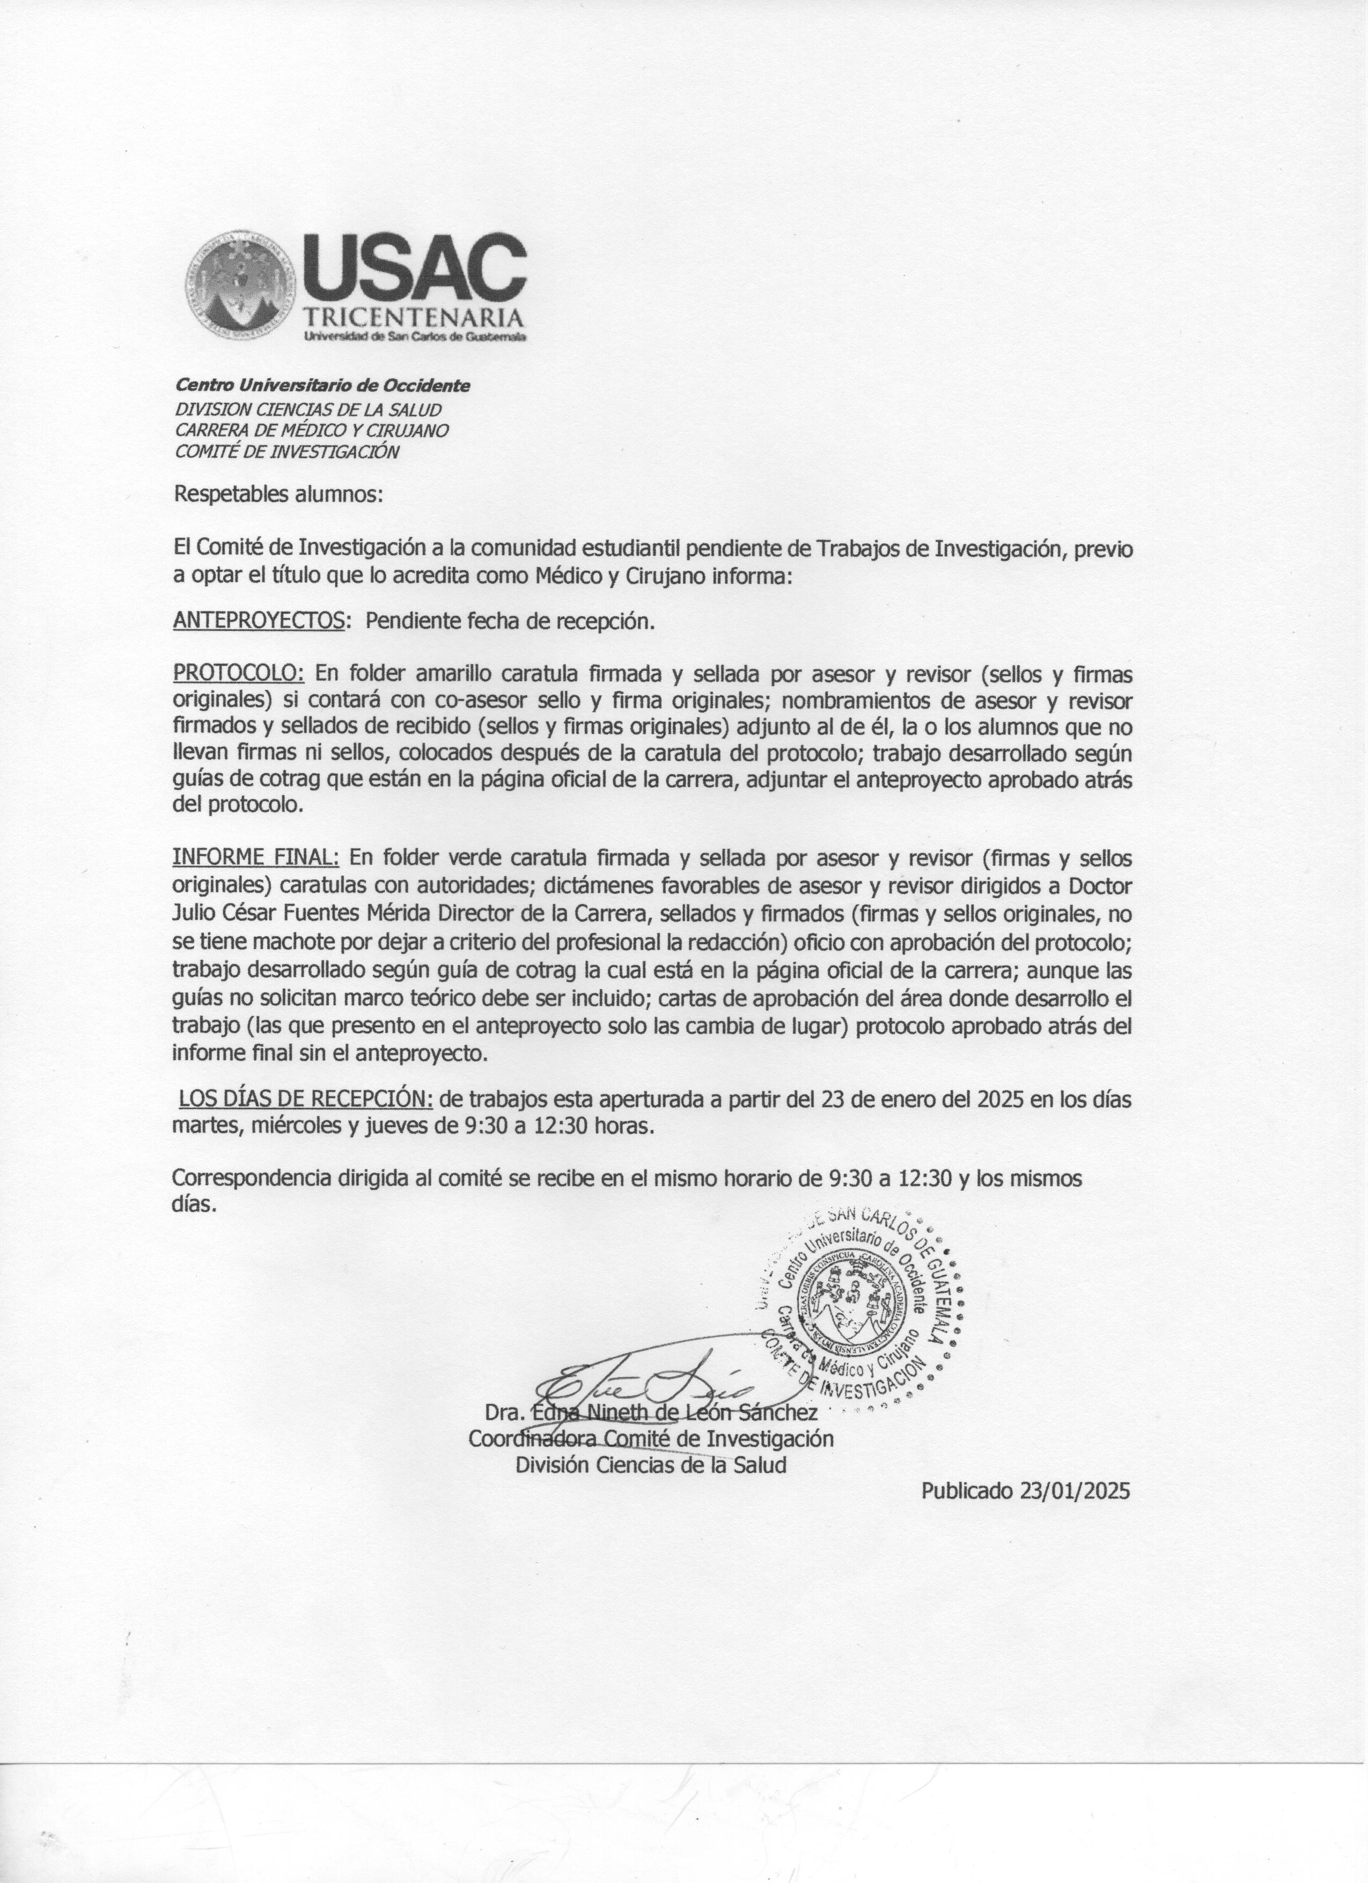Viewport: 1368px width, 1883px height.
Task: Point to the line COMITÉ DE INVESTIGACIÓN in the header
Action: click(286, 452)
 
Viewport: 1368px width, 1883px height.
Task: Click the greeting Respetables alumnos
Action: click(278, 496)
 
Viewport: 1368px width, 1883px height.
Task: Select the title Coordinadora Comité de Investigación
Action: click(651, 1437)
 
